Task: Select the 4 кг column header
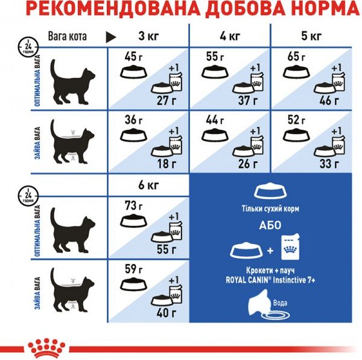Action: click(x=229, y=36)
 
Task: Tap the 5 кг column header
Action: click(x=312, y=36)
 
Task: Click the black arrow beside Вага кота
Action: click(x=111, y=36)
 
